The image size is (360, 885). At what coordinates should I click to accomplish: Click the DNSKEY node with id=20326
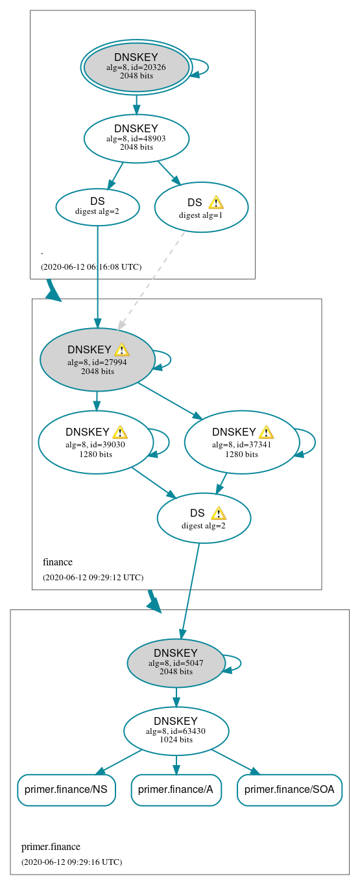[x=136, y=67]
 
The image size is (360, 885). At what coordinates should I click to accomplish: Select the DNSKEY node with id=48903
[x=136, y=138]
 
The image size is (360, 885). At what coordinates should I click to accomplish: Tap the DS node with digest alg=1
[x=201, y=207]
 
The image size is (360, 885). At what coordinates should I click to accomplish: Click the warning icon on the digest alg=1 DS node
[x=216, y=202]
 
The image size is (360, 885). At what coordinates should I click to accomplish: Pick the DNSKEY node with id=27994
[x=97, y=359]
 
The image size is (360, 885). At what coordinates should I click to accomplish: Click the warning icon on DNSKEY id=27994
[x=122, y=350]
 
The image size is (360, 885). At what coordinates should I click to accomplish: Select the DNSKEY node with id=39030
[x=95, y=442]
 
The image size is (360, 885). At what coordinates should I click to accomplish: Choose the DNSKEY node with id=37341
[x=241, y=442]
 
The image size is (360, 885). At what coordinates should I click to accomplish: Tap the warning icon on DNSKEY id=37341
[x=266, y=432]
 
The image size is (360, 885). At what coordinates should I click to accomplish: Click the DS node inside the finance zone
[x=204, y=518]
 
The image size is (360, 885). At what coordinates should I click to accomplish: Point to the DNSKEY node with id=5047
[x=176, y=663]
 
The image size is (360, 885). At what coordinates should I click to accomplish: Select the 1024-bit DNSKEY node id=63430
[x=176, y=731]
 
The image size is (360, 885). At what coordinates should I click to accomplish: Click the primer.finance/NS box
[x=66, y=790]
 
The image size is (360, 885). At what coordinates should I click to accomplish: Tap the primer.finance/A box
[x=176, y=790]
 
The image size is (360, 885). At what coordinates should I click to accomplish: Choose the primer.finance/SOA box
[x=289, y=790]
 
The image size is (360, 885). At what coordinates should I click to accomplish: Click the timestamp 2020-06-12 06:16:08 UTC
[x=91, y=266]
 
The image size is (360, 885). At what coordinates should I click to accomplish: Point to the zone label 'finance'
[x=58, y=562]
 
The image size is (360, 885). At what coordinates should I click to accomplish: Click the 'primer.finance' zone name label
[x=51, y=847]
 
